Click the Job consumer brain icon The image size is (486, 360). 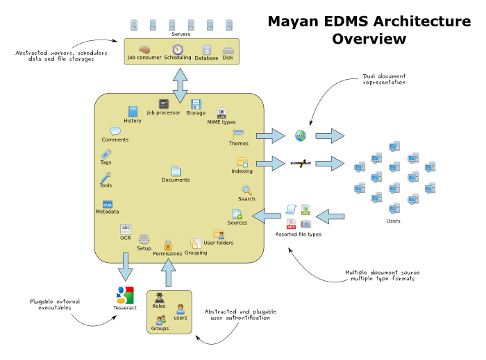(144, 49)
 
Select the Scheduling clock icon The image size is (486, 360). (178, 49)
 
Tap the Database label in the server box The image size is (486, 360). (206, 58)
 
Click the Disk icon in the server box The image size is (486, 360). (228, 49)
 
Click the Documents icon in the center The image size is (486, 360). (176, 171)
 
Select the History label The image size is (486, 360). (133, 121)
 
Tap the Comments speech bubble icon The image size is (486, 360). (115, 131)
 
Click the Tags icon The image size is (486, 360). (106, 153)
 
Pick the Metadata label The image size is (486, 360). (107, 212)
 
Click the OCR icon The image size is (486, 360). (126, 228)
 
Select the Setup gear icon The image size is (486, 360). (144, 239)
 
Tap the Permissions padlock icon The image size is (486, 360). (167, 245)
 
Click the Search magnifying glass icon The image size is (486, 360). (246, 189)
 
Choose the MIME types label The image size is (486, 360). (221, 122)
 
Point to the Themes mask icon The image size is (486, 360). (238, 133)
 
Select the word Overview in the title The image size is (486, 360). (369, 39)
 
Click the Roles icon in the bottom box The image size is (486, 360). (158, 298)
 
